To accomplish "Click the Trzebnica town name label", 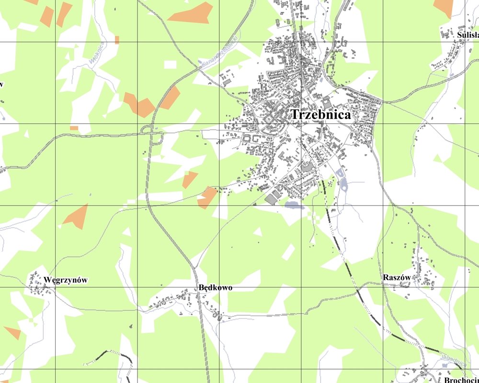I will [320, 115].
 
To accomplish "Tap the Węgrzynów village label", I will [66, 280].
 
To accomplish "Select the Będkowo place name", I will [215, 288].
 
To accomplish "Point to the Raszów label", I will [397, 278].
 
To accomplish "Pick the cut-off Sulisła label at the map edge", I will [468, 35].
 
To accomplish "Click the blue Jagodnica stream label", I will [453, 360].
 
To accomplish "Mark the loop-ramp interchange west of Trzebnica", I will [153, 134].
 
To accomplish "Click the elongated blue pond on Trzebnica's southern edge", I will [294, 205].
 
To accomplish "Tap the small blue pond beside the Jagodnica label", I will [445, 365].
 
